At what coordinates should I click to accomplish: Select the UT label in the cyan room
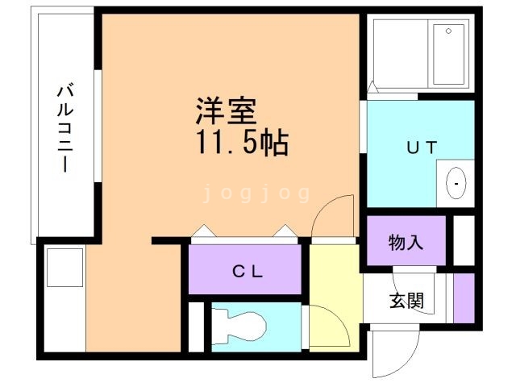[420, 147]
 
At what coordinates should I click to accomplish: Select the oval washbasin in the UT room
[456, 183]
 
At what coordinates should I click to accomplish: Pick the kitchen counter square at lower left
[64, 267]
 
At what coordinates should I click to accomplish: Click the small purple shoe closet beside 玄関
[464, 298]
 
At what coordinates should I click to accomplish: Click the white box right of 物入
[464, 239]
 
